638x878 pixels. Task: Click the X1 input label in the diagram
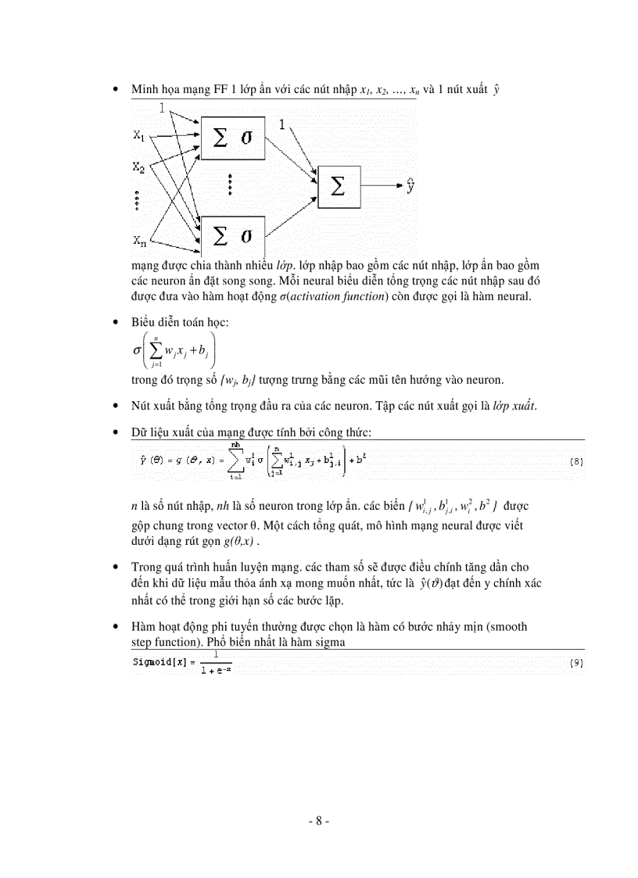(x=139, y=136)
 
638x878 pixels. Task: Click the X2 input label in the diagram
(x=139, y=167)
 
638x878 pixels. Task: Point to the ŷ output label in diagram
(x=410, y=186)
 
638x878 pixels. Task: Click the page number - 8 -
(x=318, y=822)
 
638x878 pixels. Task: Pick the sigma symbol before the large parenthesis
(x=136, y=350)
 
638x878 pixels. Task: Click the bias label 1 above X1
(x=162, y=108)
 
